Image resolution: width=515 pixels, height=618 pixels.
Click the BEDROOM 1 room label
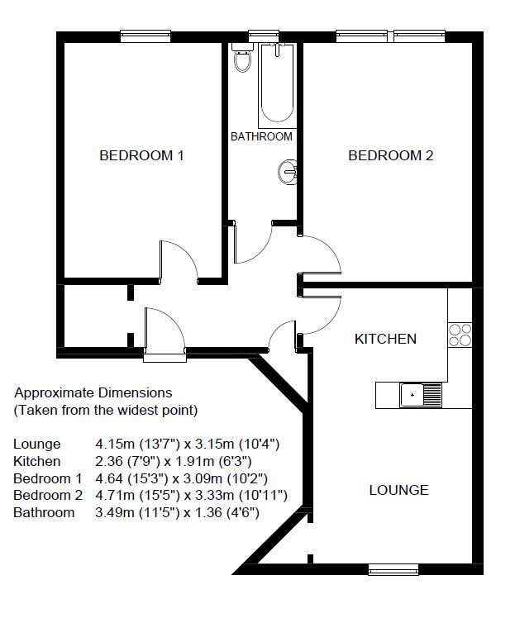click(141, 155)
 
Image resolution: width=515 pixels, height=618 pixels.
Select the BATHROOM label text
click(261, 136)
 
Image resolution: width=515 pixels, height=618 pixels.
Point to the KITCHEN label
click(385, 339)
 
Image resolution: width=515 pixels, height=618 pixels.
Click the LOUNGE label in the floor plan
click(398, 490)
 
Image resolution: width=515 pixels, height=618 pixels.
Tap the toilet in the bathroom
click(242, 59)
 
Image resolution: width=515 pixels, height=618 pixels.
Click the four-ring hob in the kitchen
click(460, 334)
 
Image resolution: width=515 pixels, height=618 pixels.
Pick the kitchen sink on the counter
click(421, 395)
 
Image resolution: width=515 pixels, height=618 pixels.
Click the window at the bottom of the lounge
click(393, 568)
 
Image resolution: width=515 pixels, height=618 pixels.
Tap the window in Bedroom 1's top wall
click(145, 36)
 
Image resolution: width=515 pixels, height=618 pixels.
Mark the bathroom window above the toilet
click(263, 36)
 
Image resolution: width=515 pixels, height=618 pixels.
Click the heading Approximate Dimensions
click(93, 393)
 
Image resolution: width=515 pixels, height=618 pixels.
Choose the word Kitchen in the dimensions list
click(36, 461)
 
